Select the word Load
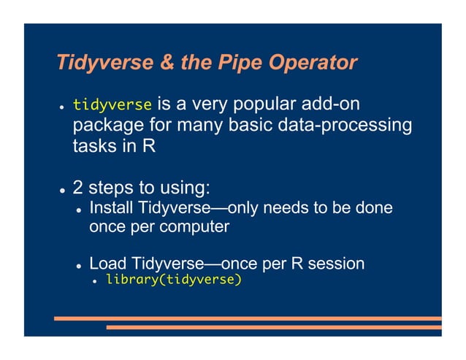tap(107, 262)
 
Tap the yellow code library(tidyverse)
tap(173, 279)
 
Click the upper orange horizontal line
tap(248, 318)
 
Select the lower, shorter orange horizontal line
tap(274, 327)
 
